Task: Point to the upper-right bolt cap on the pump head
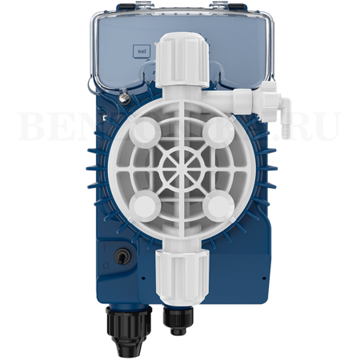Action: point(214,130)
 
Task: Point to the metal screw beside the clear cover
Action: point(124,98)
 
